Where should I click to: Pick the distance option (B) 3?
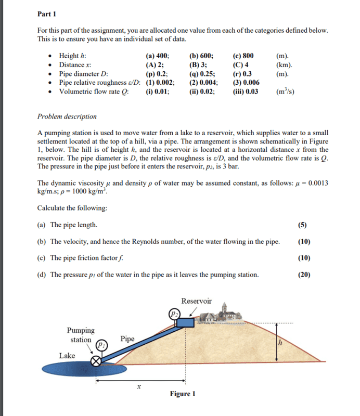point(199,65)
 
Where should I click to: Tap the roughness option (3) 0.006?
point(246,83)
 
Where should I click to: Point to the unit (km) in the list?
point(283,65)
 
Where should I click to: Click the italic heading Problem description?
point(67,116)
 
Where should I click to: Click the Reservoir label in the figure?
point(196,301)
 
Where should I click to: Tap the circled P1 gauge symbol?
point(102,345)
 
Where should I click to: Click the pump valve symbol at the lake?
point(96,361)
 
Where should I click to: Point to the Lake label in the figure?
point(67,356)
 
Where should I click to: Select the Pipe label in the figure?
point(127,339)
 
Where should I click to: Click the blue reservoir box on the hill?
point(184,323)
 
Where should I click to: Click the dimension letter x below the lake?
point(138,386)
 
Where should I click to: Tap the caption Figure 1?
point(182,394)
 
